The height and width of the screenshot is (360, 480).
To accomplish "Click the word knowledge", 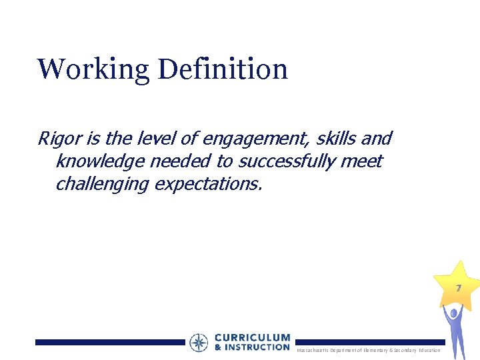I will click(x=98, y=161).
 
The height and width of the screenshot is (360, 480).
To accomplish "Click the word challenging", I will click(x=102, y=183).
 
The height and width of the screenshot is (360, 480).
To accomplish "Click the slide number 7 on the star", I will click(x=458, y=288).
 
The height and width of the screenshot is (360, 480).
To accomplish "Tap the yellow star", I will click(x=457, y=283).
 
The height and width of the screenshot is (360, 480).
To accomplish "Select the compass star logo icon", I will click(x=199, y=343).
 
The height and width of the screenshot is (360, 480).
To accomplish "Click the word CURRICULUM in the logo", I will click(x=252, y=338).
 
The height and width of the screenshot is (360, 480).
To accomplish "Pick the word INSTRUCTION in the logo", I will click(x=257, y=347).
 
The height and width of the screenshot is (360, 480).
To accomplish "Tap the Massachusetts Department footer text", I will click(x=368, y=350).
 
